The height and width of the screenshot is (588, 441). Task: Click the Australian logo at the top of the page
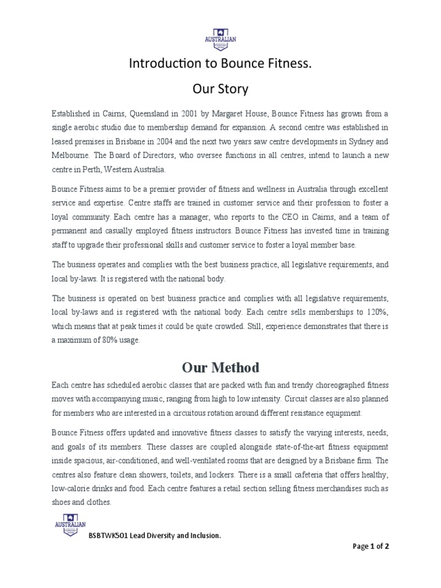[x=220, y=39]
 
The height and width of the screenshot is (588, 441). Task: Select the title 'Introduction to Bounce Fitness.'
[x=220, y=64]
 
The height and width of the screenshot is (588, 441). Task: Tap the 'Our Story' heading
[x=220, y=89]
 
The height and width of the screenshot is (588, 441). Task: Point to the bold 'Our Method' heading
[x=220, y=367]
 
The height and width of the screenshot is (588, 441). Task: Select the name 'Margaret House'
[x=238, y=114]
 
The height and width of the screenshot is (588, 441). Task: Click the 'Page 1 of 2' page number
[x=371, y=547]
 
